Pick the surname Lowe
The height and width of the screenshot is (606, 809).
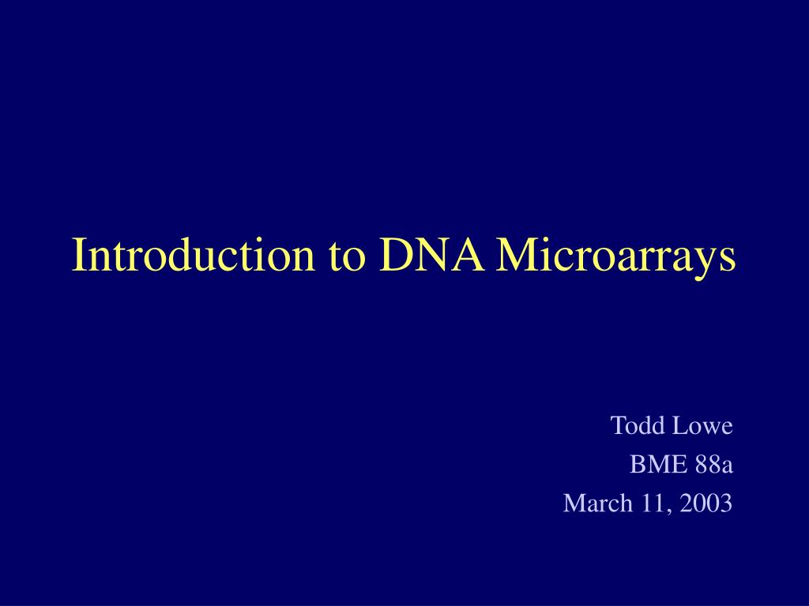click(703, 426)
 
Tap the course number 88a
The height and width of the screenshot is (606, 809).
click(714, 465)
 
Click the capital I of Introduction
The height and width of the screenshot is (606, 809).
click(78, 254)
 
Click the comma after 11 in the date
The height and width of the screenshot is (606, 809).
click(668, 510)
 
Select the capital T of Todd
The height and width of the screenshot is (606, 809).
click(618, 426)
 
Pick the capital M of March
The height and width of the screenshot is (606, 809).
click(573, 503)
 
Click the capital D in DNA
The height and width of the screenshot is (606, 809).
click(393, 254)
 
